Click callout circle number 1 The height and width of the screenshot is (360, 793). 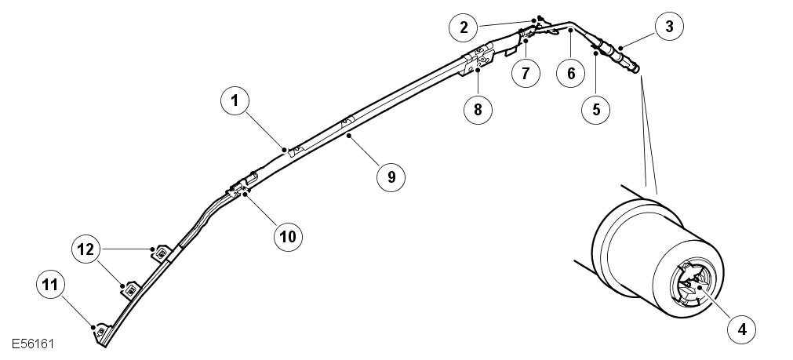[x=235, y=101]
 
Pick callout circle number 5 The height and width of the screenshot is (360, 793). [x=596, y=109]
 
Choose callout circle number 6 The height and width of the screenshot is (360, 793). [x=570, y=73]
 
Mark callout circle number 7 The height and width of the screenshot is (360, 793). [x=526, y=73]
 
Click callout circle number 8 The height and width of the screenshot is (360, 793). [x=477, y=109]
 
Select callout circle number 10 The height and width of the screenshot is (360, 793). [x=288, y=234]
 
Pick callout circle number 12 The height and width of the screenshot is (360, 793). [x=86, y=249]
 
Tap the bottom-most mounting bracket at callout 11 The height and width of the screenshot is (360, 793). [x=100, y=332]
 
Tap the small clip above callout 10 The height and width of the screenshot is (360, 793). [x=241, y=187]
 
